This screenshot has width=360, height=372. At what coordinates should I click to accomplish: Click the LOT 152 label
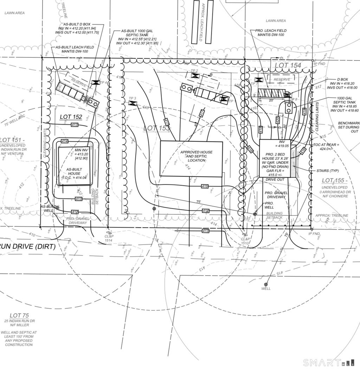point(71,117)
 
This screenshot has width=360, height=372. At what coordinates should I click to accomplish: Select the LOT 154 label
point(288,65)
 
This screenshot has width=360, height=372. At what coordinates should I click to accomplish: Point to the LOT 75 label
point(19,315)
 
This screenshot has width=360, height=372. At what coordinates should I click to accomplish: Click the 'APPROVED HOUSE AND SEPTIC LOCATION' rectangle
point(191,159)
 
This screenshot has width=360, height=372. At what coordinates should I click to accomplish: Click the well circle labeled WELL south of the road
point(266,284)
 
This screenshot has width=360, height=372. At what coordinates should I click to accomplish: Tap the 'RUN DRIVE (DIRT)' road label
point(28,247)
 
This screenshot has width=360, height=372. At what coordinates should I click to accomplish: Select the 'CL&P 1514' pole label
point(108,238)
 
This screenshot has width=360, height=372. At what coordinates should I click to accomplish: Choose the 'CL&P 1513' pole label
point(245,241)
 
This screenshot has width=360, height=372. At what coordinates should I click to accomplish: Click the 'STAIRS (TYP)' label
point(327,171)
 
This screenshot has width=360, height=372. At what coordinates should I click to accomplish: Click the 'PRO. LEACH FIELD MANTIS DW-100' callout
point(272,33)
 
